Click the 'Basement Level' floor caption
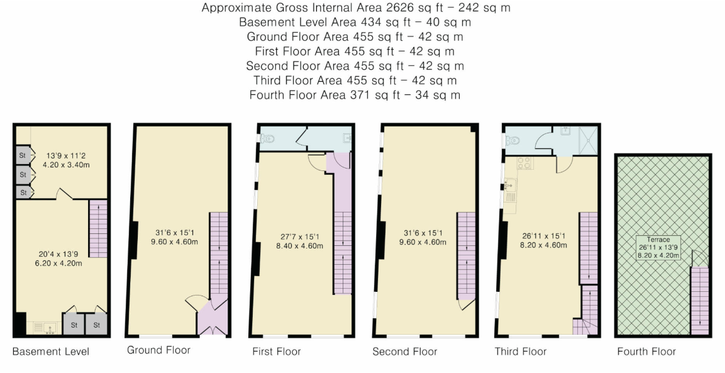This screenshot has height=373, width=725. pos(51,351)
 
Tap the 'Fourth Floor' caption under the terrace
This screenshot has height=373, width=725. pos(646,352)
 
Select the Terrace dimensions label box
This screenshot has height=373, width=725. pos(658,248)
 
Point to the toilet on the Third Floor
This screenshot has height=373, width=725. pos(513,140)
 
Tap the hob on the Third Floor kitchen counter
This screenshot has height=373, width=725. pos(525,163)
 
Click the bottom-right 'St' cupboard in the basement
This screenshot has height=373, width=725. pos(96,325)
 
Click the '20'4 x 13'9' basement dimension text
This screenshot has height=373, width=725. pos(58,254)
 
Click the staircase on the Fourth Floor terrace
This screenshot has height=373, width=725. pos(700,300)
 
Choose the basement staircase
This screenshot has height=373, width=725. pos(98,228)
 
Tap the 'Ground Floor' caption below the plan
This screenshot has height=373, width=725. pos(158,350)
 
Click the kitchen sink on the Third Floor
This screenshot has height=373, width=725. pos(509,186)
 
